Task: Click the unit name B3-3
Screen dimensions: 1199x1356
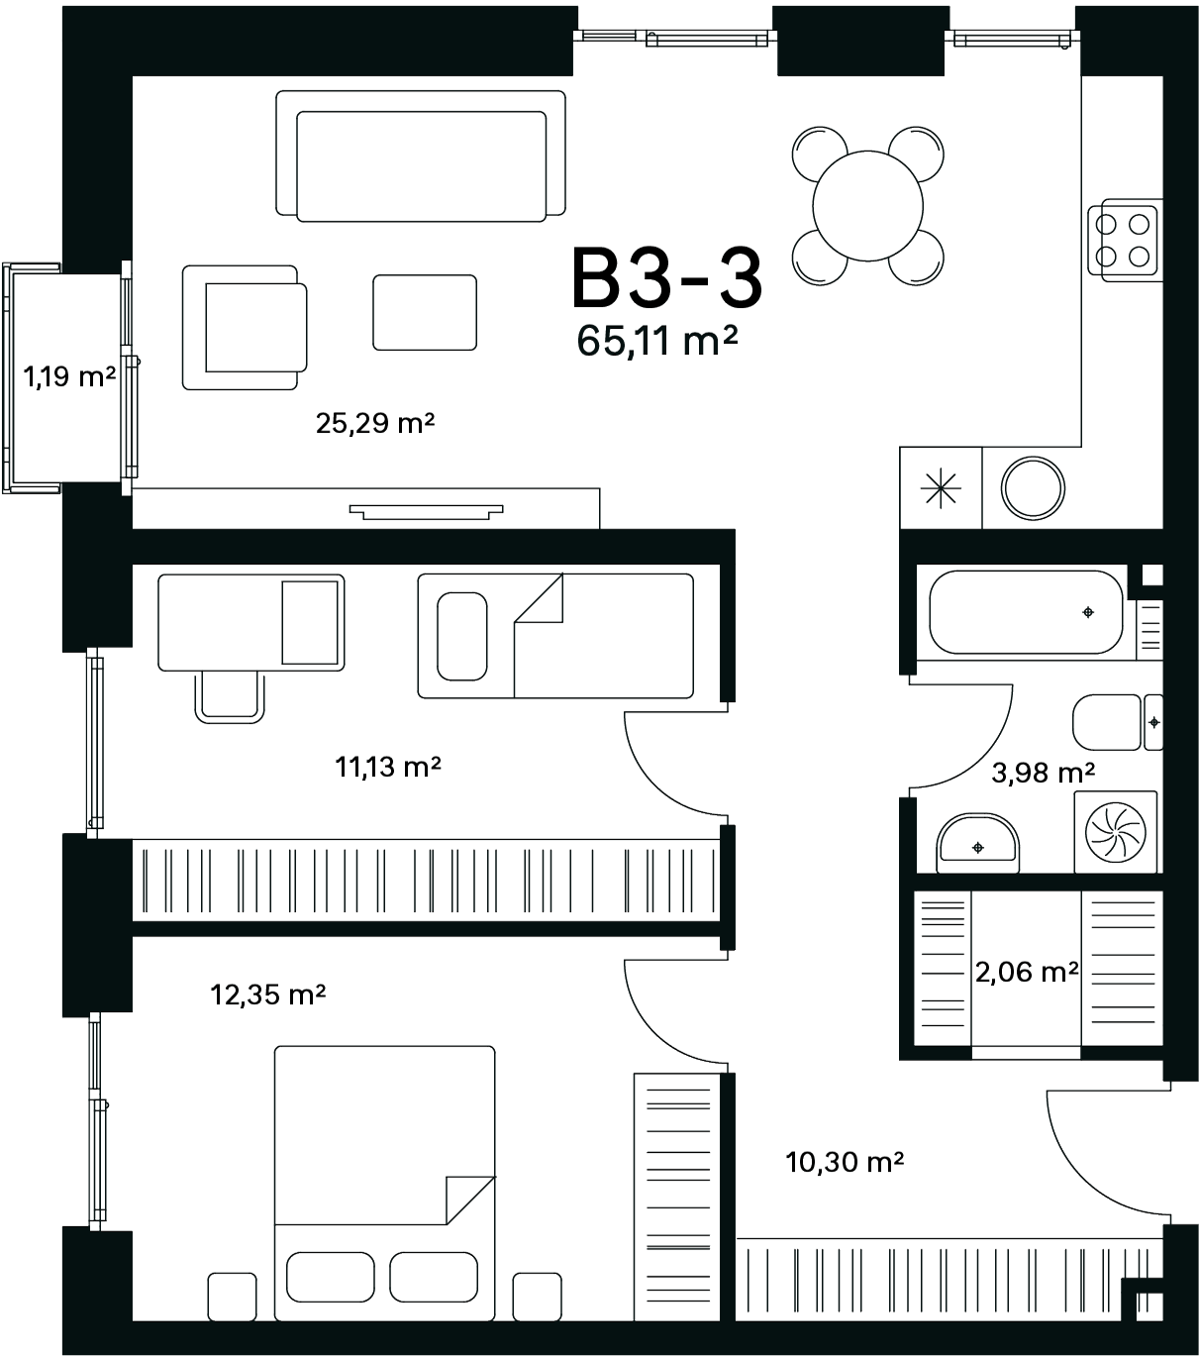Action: click(666, 277)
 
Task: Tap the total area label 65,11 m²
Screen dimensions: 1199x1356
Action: click(657, 340)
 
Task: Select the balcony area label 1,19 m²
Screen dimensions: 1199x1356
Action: click(69, 376)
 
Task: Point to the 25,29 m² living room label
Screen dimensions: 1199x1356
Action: click(374, 423)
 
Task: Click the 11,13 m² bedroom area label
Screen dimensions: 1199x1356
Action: click(388, 767)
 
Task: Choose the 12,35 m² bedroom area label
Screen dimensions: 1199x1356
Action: click(267, 994)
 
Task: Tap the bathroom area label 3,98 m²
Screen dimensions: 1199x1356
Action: click(1044, 773)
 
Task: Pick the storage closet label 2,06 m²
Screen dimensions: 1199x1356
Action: click(1027, 972)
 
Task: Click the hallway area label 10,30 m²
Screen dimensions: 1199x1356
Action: click(845, 1162)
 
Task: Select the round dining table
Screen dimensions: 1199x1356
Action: click(867, 206)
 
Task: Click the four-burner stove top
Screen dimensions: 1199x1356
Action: click(1122, 241)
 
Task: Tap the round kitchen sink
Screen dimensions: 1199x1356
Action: click(1033, 488)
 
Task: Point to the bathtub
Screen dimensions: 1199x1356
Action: click(1026, 612)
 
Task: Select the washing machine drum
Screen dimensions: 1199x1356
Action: click(1116, 833)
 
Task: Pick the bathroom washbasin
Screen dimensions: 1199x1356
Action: click(977, 843)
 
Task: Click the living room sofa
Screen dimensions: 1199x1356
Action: click(421, 156)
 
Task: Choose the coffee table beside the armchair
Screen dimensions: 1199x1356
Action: click(425, 313)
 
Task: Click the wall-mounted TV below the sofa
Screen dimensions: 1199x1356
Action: click(426, 512)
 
